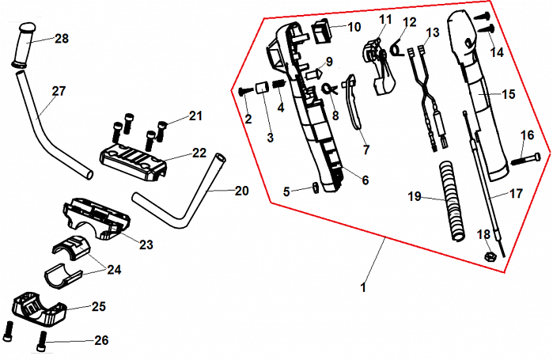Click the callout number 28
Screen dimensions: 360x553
tap(62, 39)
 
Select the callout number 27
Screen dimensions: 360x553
tap(59, 91)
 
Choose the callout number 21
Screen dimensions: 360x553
tap(196, 117)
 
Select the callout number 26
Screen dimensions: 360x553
tap(101, 341)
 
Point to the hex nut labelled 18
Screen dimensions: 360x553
tap(489, 256)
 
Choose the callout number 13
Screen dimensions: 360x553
tap(432, 32)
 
